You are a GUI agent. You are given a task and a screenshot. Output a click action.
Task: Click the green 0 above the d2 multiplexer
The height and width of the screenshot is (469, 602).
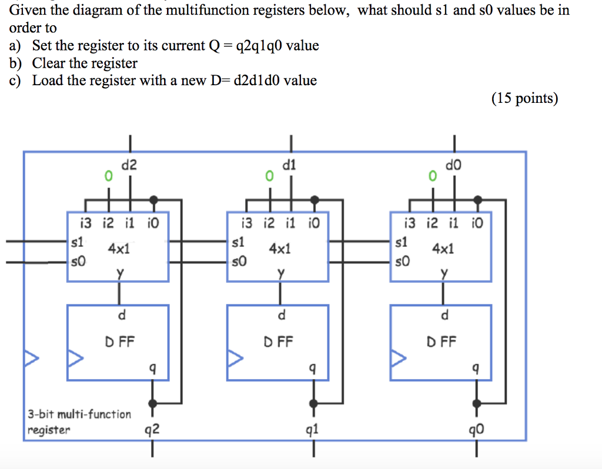pos(107,175)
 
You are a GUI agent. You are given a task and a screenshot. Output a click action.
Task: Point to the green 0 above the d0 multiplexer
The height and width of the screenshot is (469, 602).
pos(433,175)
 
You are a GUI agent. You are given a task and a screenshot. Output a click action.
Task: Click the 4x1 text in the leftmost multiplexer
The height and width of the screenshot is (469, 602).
pos(119,249)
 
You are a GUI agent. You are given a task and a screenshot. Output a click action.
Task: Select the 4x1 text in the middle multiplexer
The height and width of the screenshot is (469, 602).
pos(279,249)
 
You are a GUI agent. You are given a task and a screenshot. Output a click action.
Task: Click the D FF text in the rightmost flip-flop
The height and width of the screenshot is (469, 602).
pos(444,341)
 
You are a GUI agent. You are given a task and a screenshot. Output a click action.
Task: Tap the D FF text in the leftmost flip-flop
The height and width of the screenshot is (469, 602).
pos(120,341)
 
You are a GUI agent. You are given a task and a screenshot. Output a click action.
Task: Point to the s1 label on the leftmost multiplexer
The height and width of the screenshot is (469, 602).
pos(77,242)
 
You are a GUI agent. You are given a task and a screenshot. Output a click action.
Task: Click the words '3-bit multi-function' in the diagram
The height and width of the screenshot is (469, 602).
pos(79,414)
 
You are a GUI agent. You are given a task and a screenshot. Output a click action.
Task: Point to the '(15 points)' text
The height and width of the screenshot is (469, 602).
pos(524,98)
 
